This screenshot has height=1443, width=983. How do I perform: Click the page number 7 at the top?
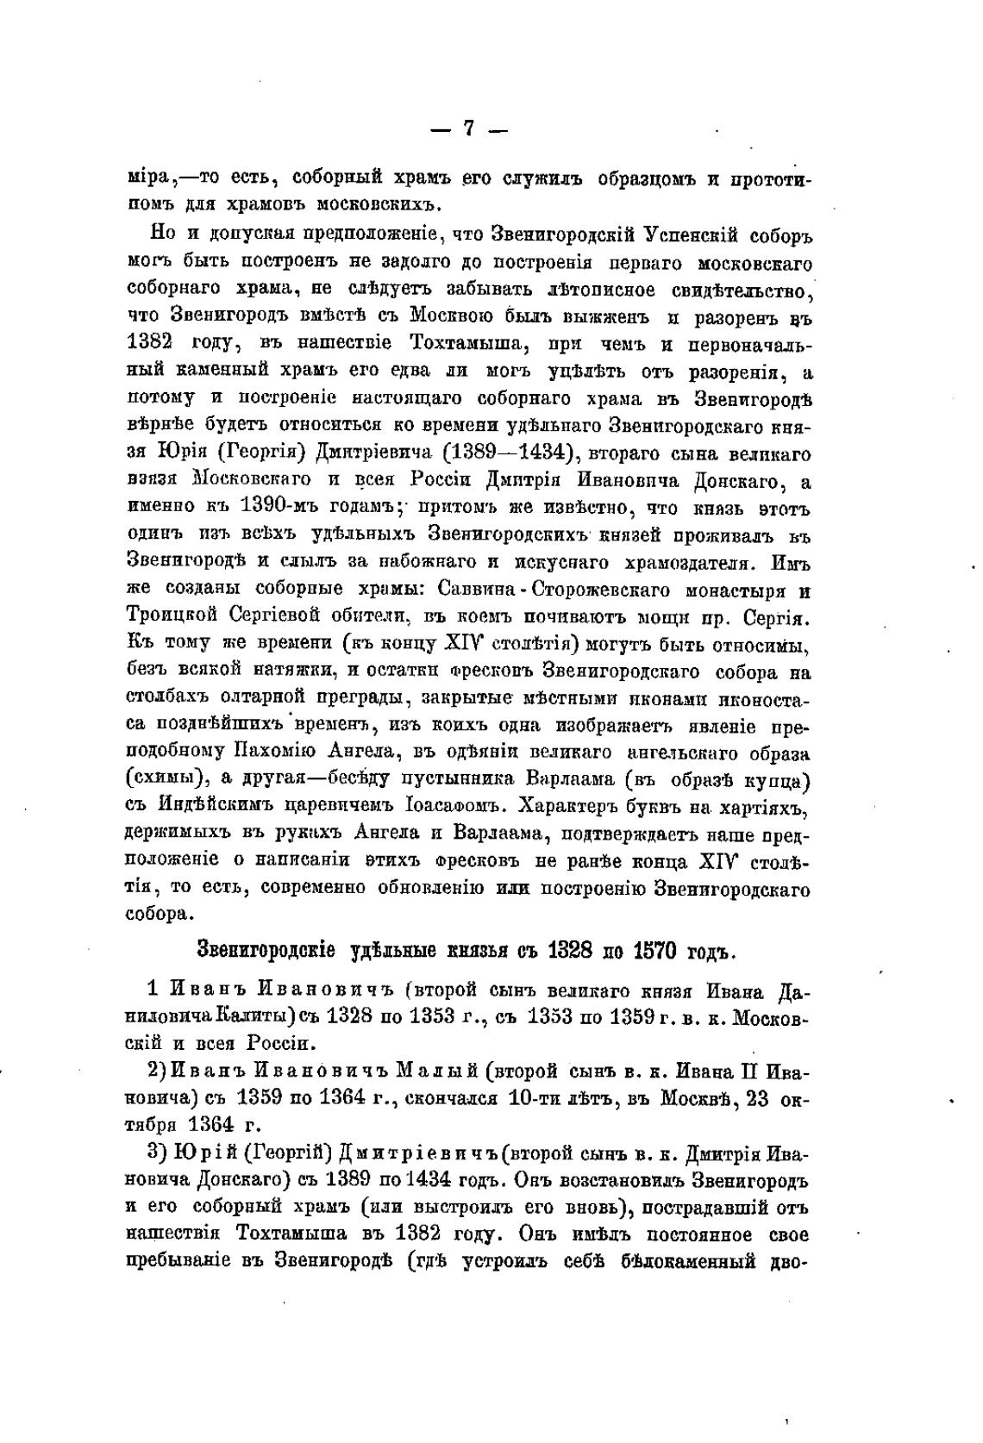468,128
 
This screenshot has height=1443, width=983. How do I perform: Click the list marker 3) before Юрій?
157,1153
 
